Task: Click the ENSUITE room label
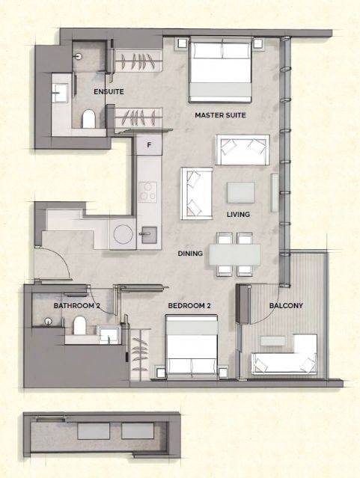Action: point(109,91)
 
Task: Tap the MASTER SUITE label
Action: point(220,115)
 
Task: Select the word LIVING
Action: point(238,214)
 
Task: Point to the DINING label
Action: point(190,254)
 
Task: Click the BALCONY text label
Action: point(286,305)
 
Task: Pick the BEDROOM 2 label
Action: point(189,305)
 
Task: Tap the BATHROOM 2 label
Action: point(77,305)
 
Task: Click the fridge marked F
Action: point(149,145)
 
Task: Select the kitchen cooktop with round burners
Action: point(147,192)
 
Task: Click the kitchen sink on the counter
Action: point(149,235)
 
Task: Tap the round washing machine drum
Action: point(123,234)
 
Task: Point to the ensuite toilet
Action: point(89,119)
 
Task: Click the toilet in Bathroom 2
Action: point(79,325)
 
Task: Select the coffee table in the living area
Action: point(241,193)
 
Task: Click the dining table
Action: point(234,254)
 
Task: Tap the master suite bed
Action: point(220,70)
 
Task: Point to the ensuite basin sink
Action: point(60,92)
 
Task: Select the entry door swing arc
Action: point(61,259)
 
